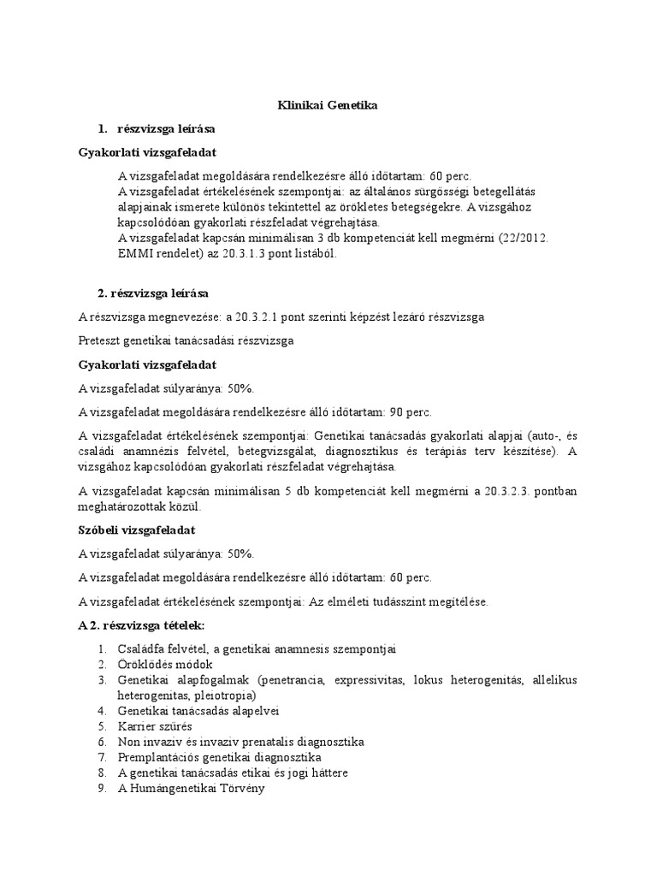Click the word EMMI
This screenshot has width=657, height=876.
pyautogui.click(x=136, y=254)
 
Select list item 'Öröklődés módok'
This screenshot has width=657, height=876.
pyautogui.click(x=166, y=665)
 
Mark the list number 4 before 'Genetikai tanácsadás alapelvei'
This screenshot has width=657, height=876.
pyautogui.click(x=101, y=711)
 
